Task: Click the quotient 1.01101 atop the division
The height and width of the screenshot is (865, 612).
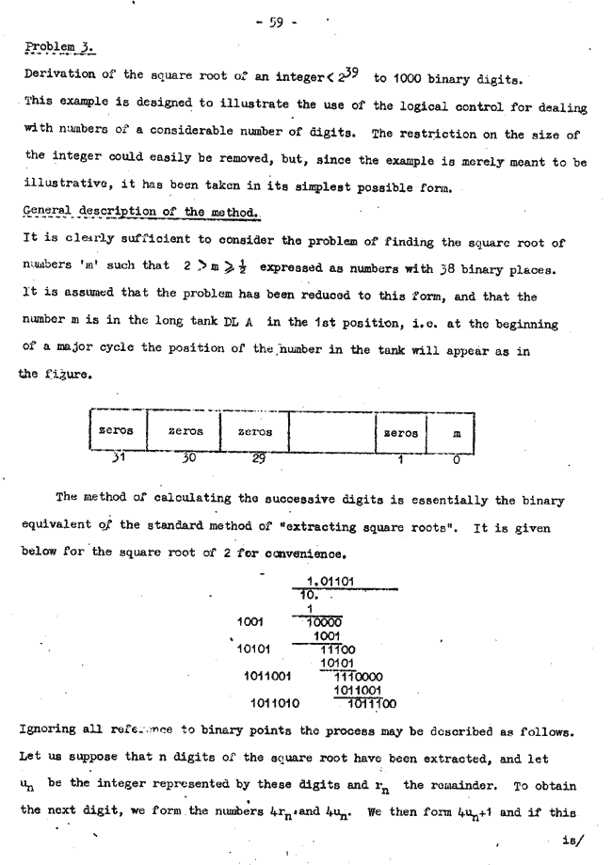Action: click(330, 581)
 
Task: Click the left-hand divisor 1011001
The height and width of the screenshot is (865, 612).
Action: click(268, 675)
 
